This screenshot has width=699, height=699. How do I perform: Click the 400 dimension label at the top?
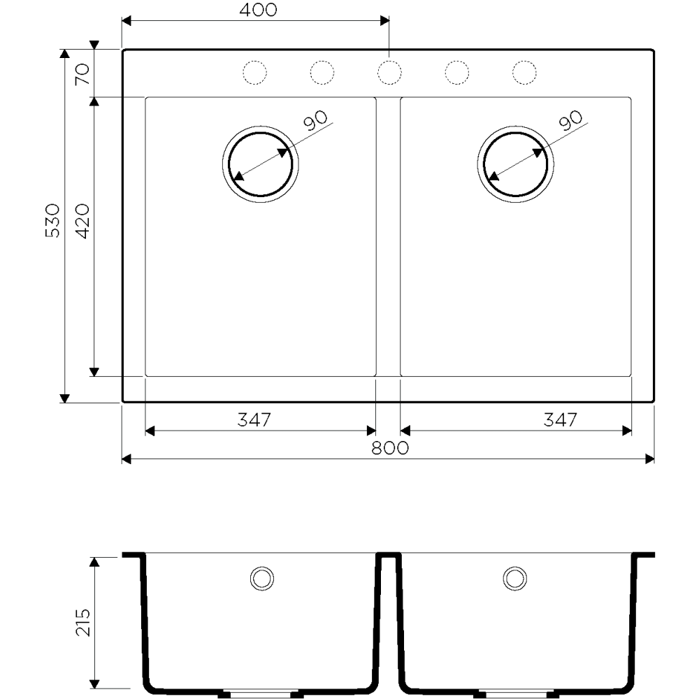[x=258, y=10]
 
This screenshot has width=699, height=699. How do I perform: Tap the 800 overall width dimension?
[x=390, y=448]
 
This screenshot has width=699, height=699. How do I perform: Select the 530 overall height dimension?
[x=52, y=221]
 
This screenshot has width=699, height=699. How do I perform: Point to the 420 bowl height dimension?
[x=82, y=221]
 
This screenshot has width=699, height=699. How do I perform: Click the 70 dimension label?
[x=82, y=74]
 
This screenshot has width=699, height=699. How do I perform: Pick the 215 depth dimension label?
[x=83, y=622]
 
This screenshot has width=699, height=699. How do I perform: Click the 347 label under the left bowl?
[x=254, y=419]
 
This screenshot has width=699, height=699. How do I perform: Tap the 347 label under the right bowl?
[x=561, y=419]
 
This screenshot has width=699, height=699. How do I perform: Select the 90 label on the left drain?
[x=315, y=120]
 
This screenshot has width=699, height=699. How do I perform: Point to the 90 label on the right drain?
[x=570, y=120]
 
